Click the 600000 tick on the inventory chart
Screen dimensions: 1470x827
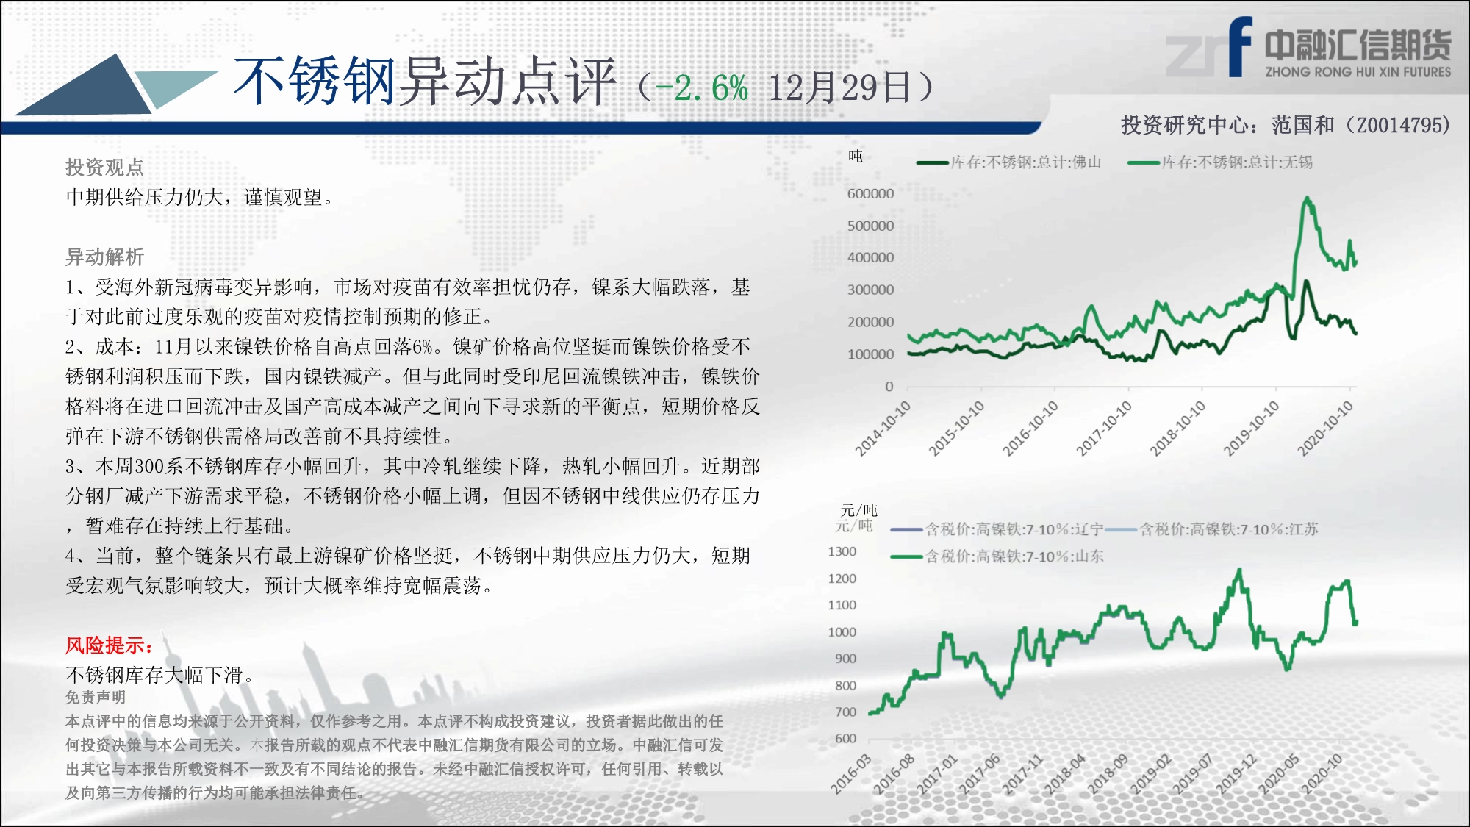pos(870,193)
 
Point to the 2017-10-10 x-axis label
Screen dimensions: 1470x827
pos(1105,428)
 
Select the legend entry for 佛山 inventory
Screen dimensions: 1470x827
pos(1008,162)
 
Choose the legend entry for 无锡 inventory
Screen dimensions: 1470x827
pos(1220,162)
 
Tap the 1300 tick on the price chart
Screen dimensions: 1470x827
pos(842,551)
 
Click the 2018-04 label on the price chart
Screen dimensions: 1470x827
pos(1064,774)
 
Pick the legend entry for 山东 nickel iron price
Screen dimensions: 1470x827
pos(997,556)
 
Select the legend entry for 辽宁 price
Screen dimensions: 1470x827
pos(997,529)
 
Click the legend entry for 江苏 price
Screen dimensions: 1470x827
pos(1211,529)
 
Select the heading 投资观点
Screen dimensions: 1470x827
pos(104,168)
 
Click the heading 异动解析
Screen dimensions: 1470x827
pos(104,257)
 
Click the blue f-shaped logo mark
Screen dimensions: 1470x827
pos(1240,46)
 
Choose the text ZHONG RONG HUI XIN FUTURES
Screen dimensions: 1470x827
pos(1358,72)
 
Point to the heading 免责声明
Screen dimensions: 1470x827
pos(96,698)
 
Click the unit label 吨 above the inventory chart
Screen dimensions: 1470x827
pos(856,156)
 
